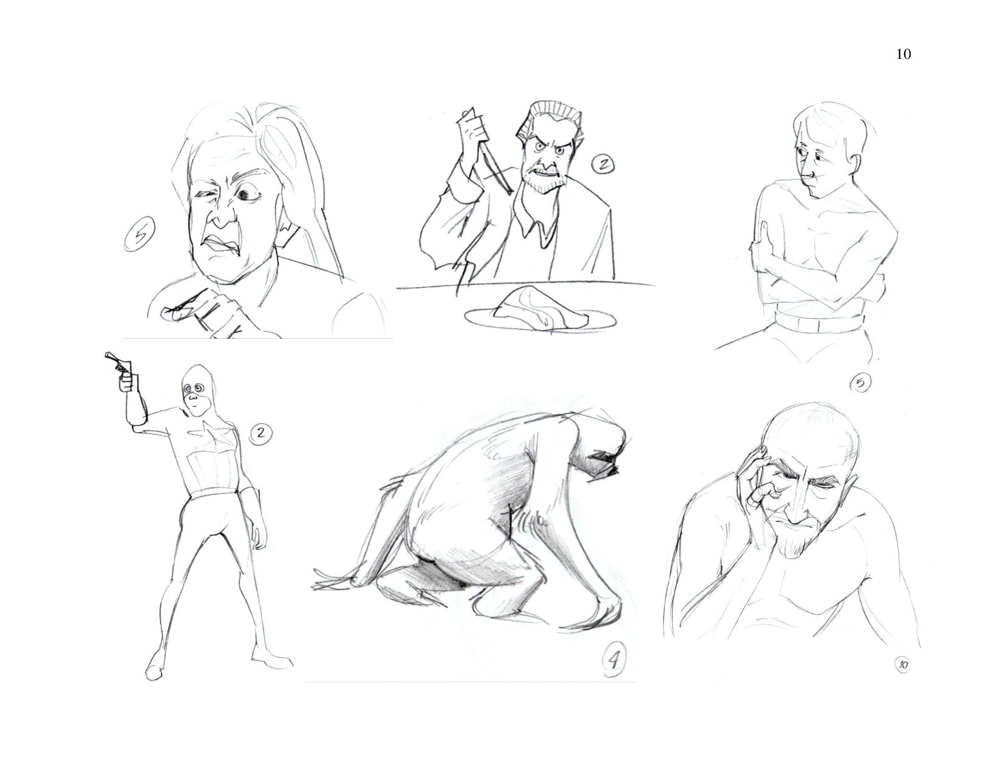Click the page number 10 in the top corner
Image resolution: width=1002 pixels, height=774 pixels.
(x=904, y=55)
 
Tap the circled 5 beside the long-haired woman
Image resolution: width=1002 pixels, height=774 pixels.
(x=140, y=235)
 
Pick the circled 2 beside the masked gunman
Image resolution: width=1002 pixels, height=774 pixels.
(x=261, y=433)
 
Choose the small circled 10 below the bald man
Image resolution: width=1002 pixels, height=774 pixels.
(x=902, y=664)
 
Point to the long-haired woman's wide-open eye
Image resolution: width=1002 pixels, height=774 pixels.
(x=244, y=196)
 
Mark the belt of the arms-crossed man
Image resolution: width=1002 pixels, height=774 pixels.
(x=819, y=324)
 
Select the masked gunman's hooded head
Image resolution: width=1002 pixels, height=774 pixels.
(x=196, y=392)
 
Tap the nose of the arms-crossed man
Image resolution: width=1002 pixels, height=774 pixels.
(x=807, y=174)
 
